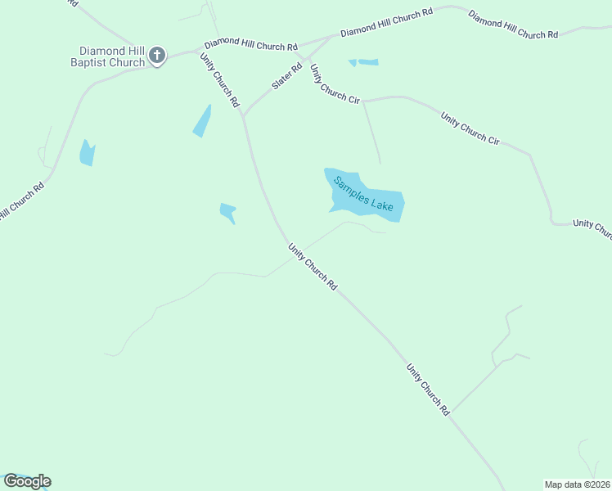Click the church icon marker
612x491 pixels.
click(x=157, y=56)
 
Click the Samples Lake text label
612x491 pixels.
click(x=363, y=194)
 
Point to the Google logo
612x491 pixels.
click(x=27, y=480)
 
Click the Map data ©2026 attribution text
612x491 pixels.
click(x=577, y=484)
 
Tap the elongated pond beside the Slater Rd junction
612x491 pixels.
click(x=201, y=121)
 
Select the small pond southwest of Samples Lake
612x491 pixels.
click(x=227, y=212)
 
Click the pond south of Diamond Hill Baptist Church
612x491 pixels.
click(x=87, y=153)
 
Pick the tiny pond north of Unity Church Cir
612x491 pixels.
click(x=366, y=62)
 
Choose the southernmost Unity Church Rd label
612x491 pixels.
click(x=429, y=388)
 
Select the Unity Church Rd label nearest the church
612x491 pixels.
click(x=219, y=79)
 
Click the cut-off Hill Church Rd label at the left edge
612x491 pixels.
click(x=21, y=200)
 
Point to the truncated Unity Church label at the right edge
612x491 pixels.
click(x=592, y=227)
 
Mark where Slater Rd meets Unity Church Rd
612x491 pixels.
click(x=242, y=115)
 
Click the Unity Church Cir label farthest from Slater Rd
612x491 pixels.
click(x=470, y=128)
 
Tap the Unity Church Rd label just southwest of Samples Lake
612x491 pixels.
click(x=313, y=266)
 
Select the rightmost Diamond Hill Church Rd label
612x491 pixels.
click(x=513, y=25)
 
